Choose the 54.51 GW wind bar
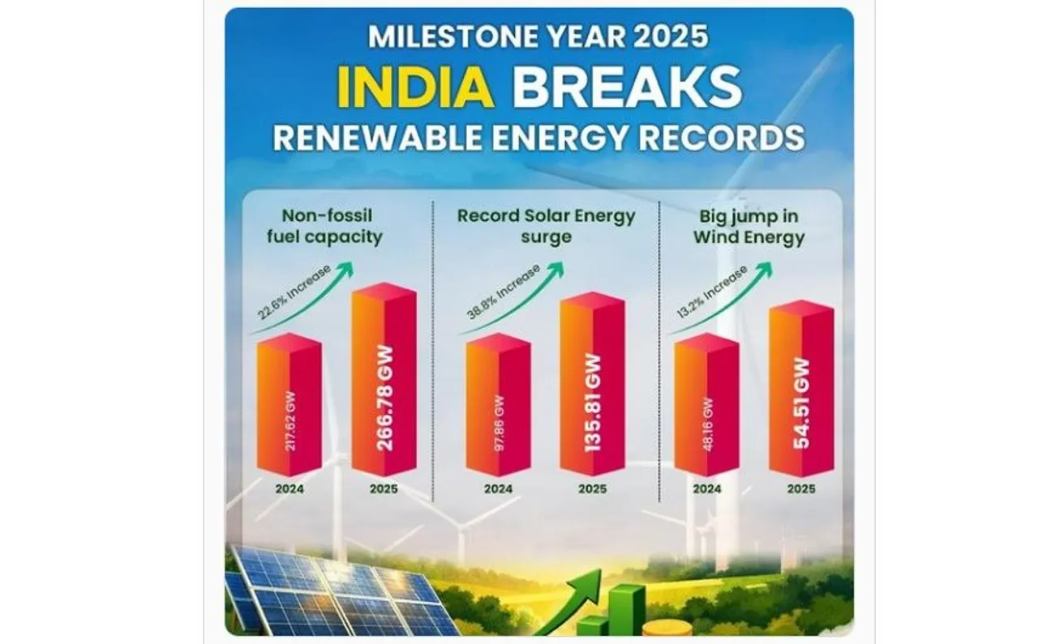point(801,389)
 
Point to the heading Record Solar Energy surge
point(546,227)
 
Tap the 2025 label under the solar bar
point(592,489)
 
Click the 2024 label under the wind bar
point(706,489)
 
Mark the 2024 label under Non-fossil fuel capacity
point(290,489)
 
